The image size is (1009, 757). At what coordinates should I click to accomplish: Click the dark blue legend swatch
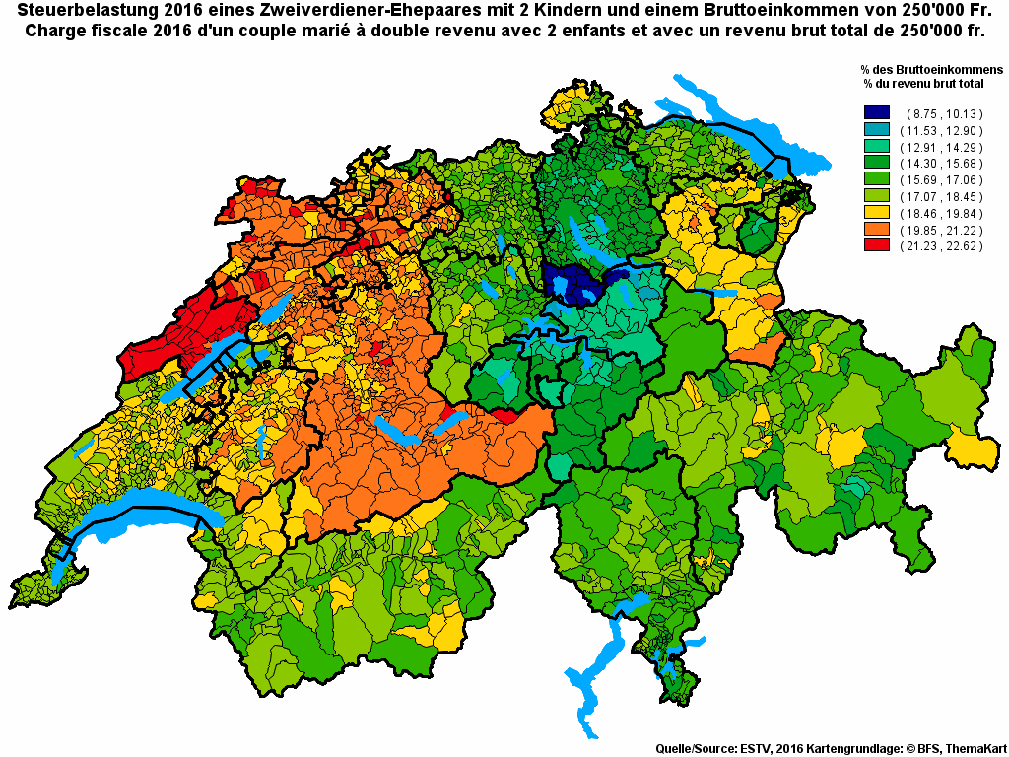[876, 113]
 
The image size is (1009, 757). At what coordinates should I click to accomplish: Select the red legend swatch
[876, 245]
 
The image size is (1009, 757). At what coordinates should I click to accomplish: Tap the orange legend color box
[876, 229]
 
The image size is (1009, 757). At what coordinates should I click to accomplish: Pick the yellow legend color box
[876, 212]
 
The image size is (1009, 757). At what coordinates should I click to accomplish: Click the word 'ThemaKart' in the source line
[974, 748]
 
